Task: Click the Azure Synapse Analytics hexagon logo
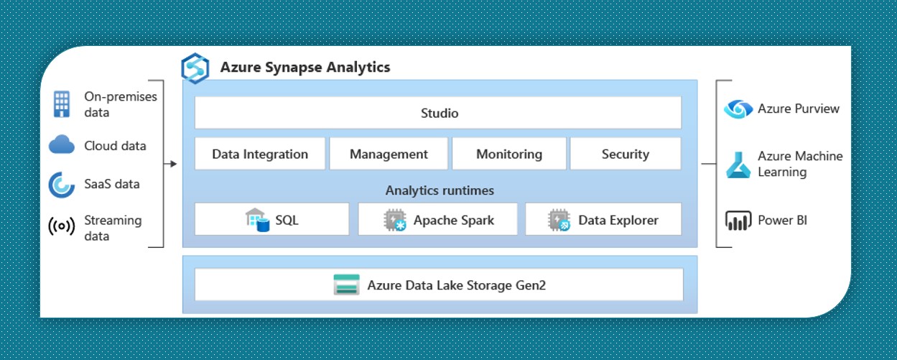point(195,68)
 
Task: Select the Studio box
point(438,113)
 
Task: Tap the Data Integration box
point(260,154)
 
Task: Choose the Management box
point(389,154)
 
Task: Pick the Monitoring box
point(509,154)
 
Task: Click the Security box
point(626,154)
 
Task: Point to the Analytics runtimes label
point(440,190)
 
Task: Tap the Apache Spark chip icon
point(395,220)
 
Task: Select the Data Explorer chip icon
point(559,220)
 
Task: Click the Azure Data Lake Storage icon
point(346,285)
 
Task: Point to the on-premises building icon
point(62,104)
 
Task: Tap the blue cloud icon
point(62,144)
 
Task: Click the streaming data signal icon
point(62,226)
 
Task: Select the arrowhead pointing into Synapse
point(173,164)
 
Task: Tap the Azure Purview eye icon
point(738,109)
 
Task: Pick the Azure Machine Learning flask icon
point(738,165)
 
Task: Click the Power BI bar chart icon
point(738,221)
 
